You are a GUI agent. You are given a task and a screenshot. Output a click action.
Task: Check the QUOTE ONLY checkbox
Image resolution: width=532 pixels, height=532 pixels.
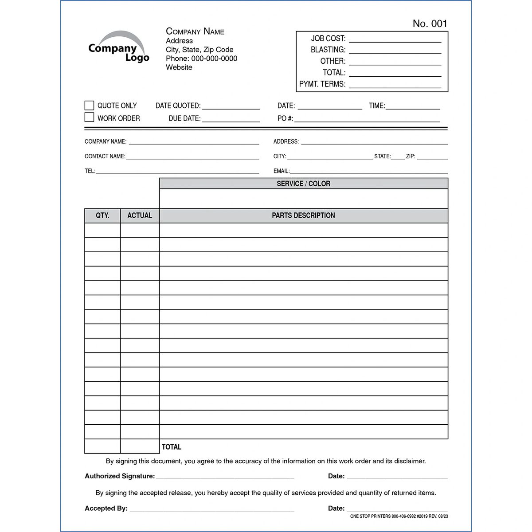pos(89,106)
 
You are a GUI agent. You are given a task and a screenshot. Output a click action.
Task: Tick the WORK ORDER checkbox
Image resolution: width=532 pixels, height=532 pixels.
pos(89,117)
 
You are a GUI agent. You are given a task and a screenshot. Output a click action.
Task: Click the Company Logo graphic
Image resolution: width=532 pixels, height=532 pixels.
pos(118,47)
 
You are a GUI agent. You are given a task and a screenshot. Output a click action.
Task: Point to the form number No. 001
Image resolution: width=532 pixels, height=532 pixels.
pos(430,24)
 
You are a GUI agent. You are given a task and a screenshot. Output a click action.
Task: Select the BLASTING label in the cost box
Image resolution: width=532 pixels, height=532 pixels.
pos(328,50)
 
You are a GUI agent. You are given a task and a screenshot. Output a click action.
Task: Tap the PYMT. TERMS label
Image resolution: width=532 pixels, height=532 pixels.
pos(322,84)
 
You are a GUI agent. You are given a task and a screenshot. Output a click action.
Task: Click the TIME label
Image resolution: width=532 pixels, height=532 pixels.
pos(376,106)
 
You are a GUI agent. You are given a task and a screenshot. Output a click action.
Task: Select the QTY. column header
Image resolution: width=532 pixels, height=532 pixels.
pos(102,215)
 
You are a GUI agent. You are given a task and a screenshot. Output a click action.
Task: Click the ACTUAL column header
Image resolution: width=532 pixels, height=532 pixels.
pos(140,215)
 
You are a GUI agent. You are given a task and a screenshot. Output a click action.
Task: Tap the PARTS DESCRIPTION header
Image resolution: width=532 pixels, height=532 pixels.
pos(303,215)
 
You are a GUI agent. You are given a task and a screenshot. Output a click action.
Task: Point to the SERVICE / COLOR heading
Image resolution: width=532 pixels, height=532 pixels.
pos(303,184)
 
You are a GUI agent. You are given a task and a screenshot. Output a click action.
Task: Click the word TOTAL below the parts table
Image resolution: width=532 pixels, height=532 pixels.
pos(172,447)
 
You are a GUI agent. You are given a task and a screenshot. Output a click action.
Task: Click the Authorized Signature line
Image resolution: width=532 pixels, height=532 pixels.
pos(225,477)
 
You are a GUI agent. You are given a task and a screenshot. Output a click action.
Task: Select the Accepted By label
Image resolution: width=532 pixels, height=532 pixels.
pos(106,509)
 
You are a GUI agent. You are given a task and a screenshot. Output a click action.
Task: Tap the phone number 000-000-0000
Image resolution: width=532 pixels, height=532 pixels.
pos(214,59)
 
